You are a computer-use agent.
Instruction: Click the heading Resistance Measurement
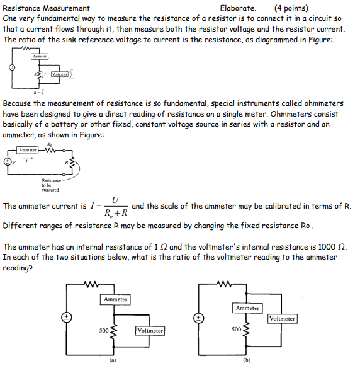coord(47,9)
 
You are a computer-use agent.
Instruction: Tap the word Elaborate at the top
coord(238,9)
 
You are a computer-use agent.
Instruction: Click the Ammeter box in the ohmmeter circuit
coord(28,150)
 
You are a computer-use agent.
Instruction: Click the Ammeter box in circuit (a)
coord(115,299)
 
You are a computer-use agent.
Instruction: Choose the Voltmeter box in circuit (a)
coord(150,331)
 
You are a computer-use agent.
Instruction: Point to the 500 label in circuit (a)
coord(103,330)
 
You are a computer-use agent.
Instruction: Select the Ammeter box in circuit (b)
coord(247,308)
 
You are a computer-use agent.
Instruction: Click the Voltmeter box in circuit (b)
coord(281,319)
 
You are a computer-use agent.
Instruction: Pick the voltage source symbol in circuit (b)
coord(198,317)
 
